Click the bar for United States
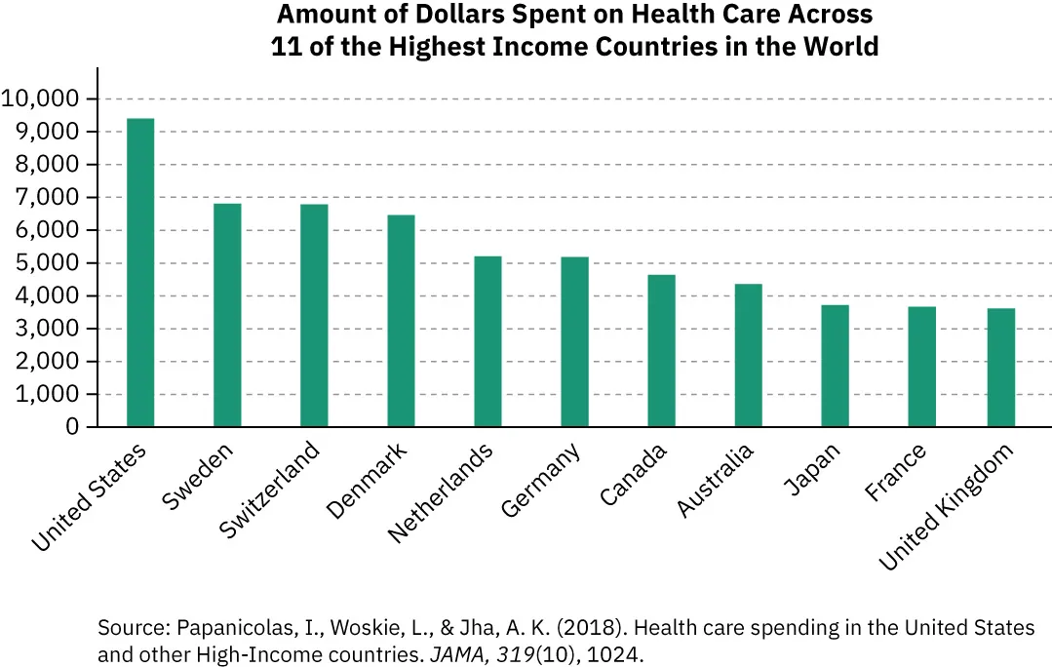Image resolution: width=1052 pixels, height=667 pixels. (140, 273)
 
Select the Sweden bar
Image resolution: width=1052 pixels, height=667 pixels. (227, 315)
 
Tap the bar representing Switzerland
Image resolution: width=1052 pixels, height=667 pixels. (314, 316)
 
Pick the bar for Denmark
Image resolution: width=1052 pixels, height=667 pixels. (401, 321)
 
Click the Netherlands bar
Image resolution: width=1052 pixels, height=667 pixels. (487, 341)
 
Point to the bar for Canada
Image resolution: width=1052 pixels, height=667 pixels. (661, 351)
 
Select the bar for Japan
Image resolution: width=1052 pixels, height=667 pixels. (835, 366)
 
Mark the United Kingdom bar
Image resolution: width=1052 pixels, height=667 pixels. (1000, 368)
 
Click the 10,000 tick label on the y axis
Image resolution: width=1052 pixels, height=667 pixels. (41, 98)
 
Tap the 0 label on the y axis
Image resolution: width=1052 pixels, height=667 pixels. (73, 427)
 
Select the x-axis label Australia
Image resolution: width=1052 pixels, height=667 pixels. (716, 483)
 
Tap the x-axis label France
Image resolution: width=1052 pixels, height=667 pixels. (896, 474)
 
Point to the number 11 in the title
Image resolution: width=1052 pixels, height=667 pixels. (285, 46)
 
